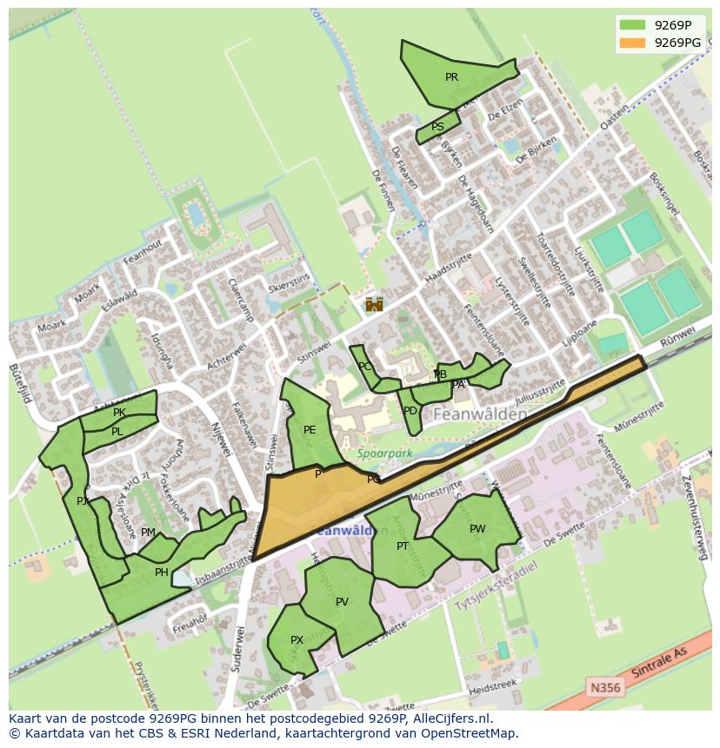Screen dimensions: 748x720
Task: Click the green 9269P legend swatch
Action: click(632, 25)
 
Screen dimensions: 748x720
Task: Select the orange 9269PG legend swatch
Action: click(632, 43)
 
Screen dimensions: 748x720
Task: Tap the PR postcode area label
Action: click(451, 77)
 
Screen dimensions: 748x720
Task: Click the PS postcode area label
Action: click(437, 127)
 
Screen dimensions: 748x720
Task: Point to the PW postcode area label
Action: click(477, 529)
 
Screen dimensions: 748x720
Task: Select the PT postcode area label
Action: click(403, 546)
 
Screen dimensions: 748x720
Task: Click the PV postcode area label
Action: click(342, 602)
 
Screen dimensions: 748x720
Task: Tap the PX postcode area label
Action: click(297, 640)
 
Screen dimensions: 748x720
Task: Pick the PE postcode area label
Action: click(310, 430)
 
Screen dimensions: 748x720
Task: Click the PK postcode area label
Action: click(119, 413)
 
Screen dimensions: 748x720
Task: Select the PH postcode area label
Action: click(161, 573)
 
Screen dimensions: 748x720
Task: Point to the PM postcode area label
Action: click(148, 533)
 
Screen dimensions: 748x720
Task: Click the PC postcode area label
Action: click(365, 367)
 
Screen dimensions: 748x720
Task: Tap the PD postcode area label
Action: click(410, 411)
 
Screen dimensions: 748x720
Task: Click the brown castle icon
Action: click(374, 304)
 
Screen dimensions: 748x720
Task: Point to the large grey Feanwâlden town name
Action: click(479, 415)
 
